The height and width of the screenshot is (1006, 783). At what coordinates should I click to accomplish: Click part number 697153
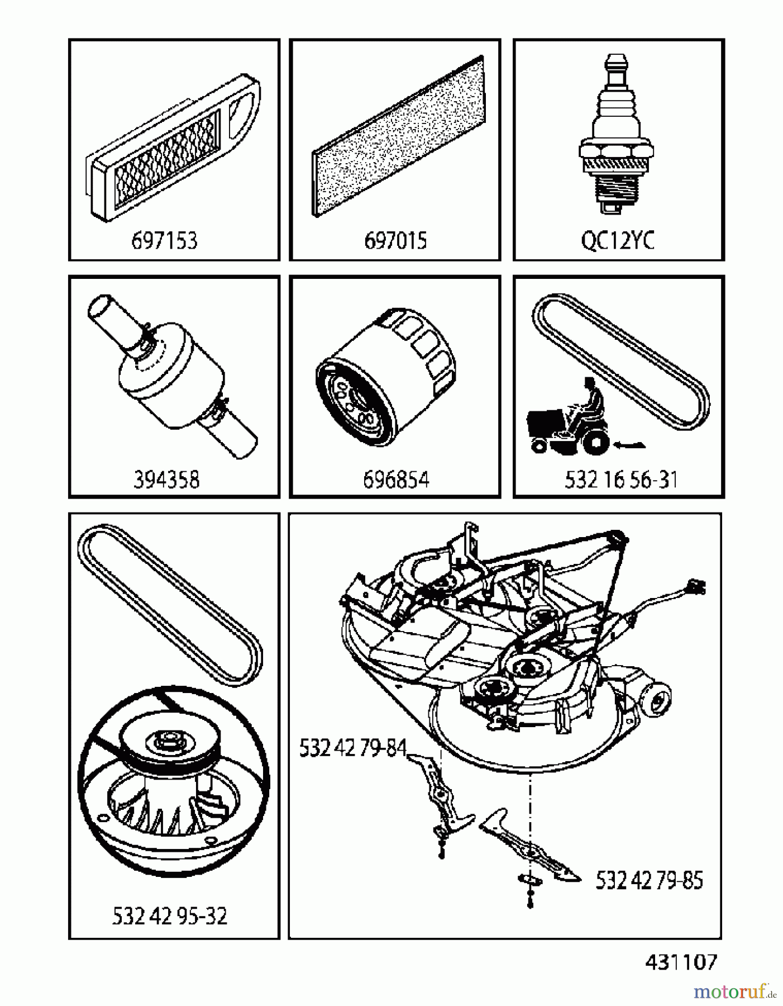tap(164, 240)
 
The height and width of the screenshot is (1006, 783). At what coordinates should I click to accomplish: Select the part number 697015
tap(395, 240)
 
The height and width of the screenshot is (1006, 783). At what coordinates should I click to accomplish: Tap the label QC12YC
tap(618, 240)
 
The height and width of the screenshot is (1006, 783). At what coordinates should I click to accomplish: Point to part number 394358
tap(166, 480)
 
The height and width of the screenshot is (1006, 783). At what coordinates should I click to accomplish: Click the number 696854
tap(396, 480)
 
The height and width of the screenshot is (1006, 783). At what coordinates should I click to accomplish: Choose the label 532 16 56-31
tap(621, 480)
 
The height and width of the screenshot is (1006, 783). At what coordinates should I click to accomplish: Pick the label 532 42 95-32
tap(170, 916)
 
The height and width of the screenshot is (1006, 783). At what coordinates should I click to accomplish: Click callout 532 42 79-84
tap(353, 748)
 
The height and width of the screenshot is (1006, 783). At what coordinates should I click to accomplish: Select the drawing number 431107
tap(681, 962)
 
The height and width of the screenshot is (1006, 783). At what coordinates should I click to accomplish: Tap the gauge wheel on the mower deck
tap(658, 699)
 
